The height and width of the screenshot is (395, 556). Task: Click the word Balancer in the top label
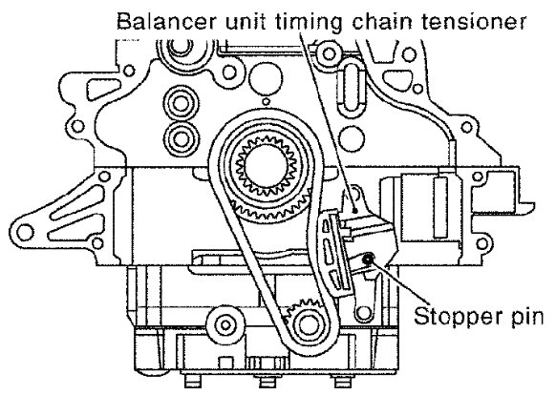166,21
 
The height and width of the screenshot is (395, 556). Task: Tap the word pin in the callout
526,317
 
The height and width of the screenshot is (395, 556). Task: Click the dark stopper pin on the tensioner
368,259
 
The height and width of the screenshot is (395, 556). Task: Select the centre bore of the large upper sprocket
265,166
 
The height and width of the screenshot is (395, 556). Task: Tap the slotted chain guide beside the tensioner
334,253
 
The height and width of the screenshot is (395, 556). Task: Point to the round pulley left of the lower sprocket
225,324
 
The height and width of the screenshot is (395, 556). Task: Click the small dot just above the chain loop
266,102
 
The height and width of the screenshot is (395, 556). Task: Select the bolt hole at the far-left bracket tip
25,233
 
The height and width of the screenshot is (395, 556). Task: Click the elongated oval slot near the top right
351,87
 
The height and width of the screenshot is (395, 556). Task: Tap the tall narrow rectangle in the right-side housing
440,207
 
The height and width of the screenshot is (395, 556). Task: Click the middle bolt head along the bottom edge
267,382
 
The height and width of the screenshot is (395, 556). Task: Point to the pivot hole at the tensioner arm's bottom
362,312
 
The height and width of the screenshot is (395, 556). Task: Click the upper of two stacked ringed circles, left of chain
181,103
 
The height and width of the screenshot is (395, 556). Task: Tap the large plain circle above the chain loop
266,77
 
